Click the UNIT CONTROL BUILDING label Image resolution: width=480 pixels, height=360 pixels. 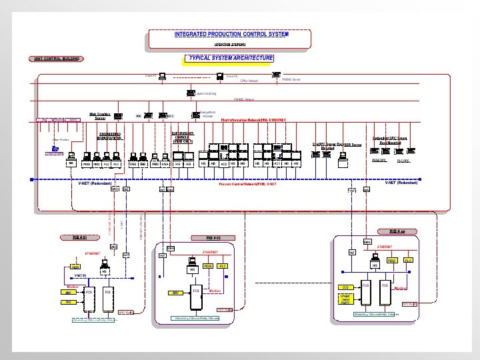pyautogui.click(x=57, y=59)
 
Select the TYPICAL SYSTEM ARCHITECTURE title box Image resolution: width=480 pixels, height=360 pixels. pyautogui.click(x=231, y=59)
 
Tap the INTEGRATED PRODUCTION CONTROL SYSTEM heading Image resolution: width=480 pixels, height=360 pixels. pyautogui.click(x=231, y=34)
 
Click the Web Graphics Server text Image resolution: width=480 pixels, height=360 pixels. pyautogui.click(x=99, y=116)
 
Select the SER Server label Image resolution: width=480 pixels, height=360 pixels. pyautogui.click(x=353, y=144)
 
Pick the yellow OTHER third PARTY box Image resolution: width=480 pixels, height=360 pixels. pyautogui.click(x=345, y=300)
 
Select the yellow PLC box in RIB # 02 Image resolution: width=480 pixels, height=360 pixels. pyautogui.click(x=223, y=266)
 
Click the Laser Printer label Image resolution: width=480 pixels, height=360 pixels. pyautogui.click(x=61, y=139)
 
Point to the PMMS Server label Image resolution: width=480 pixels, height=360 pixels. pyautogui.click(x=291, y=79)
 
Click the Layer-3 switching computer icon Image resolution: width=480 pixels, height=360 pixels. pyautogui.click(x=191, y=94)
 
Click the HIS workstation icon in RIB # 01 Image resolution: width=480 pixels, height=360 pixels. pyautogui.click(x=104, y=265)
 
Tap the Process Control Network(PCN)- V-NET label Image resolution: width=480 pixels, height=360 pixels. pyautogui.click(x=247, y=183)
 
